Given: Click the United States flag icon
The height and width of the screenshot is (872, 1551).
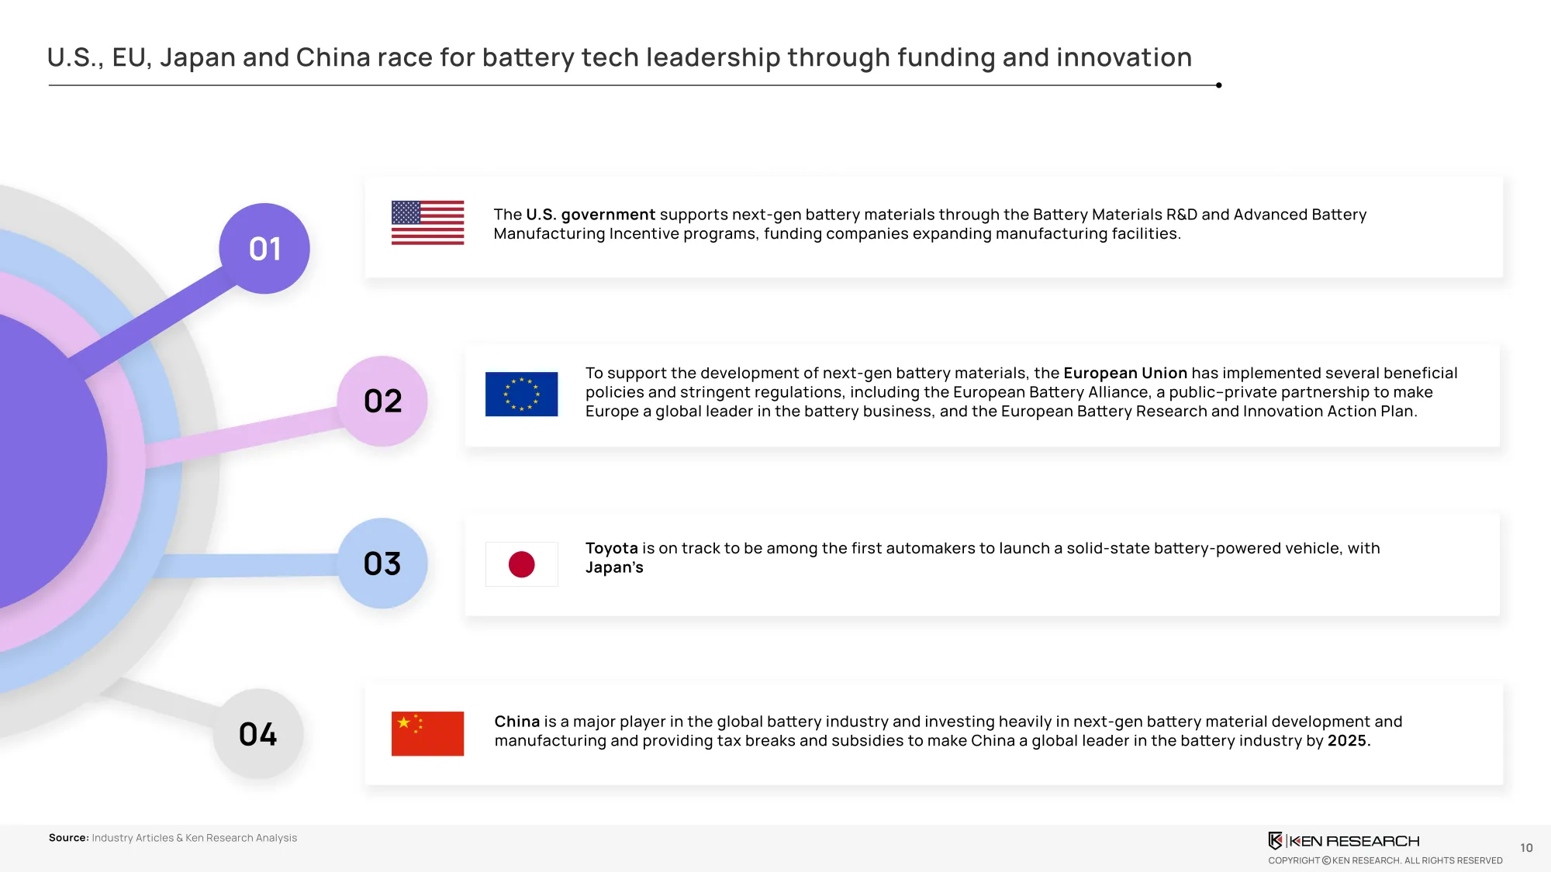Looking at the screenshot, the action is pos(427,223).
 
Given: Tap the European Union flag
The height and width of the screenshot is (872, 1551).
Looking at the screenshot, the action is pos(521,394).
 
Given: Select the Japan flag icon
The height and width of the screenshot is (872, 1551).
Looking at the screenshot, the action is pos(521,564).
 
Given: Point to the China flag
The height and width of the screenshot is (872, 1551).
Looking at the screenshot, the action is pos(427,733).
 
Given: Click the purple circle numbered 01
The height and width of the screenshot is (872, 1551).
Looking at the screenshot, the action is pos(264,249).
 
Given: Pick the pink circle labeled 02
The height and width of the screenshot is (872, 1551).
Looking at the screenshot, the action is pos(382,401).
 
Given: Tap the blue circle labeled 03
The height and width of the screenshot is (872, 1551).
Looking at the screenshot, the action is pos(382,564).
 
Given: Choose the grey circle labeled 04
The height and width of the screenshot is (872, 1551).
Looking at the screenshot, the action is pos(258,734).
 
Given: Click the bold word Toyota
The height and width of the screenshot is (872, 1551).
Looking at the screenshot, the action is pos(611,548).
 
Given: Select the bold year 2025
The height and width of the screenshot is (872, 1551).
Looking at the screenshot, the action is pos(1349,740).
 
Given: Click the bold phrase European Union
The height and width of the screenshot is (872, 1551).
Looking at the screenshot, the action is pos(1125,373).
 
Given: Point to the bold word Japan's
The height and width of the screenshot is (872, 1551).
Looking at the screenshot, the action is pos(614,567).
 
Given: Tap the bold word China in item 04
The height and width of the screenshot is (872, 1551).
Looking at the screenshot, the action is pos(516,722).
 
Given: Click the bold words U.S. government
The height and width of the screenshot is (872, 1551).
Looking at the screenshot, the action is pos(591,215).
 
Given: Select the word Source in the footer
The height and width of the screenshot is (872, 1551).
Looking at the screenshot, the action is pos(68,838).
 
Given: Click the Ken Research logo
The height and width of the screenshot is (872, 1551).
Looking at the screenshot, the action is pos(1344,841).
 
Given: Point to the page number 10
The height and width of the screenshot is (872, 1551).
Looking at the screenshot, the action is pos(1526,848).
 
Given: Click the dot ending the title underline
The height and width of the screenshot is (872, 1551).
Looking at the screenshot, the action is pos(1219,85).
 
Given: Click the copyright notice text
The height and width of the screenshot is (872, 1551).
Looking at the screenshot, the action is pos(1385,860).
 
